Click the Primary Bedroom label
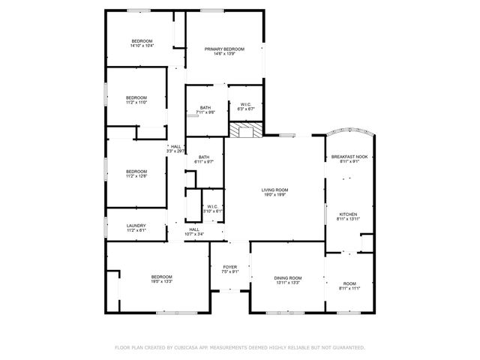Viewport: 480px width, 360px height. [x=224, y=49]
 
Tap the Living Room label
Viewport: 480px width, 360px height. [x=274, y=190]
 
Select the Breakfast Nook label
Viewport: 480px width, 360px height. [x=349, y=156]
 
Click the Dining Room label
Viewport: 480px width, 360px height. [x=287, y=277]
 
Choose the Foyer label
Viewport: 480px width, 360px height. [x=229, y=266]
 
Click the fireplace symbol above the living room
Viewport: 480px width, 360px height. [x=246, y=131]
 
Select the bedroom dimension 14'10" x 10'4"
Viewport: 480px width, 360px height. [x=142, y=46]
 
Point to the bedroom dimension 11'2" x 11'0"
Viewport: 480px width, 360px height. [x=136, y=103]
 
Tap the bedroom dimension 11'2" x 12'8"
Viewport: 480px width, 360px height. [x=136, y=176]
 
